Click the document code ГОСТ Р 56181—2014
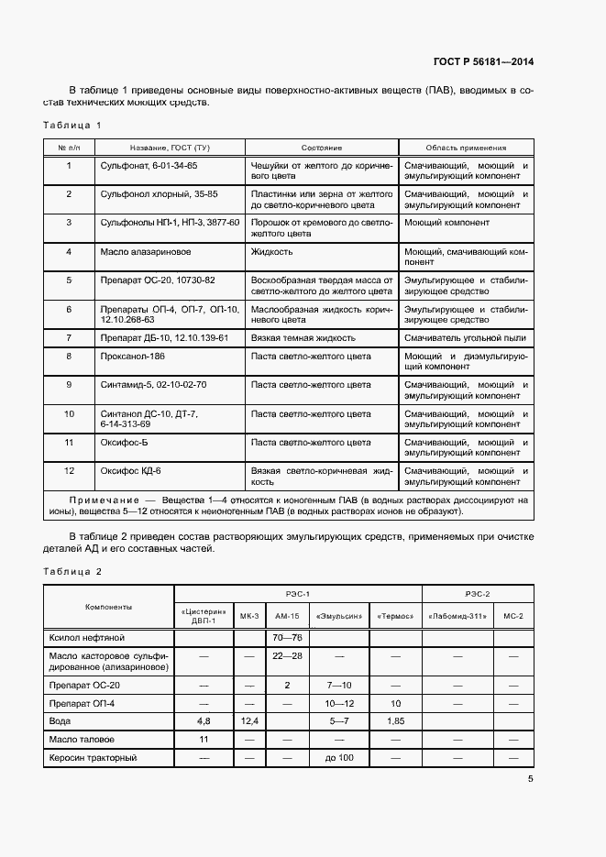[x=482, y=62]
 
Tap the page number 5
[x=531, y=779]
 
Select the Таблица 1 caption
[x=72, y=125]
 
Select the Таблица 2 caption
[x=72, y=571]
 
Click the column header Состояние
[x=321, y=148]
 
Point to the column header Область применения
[x=466, y=148]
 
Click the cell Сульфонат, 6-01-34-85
[x=149, y=166]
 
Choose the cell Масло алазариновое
[x=145, y=250]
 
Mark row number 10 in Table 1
[x=69, y=413]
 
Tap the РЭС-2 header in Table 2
[x=477, y=593]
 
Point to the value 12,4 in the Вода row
[x=249, y=720]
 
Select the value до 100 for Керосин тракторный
[x=338, y=758]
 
